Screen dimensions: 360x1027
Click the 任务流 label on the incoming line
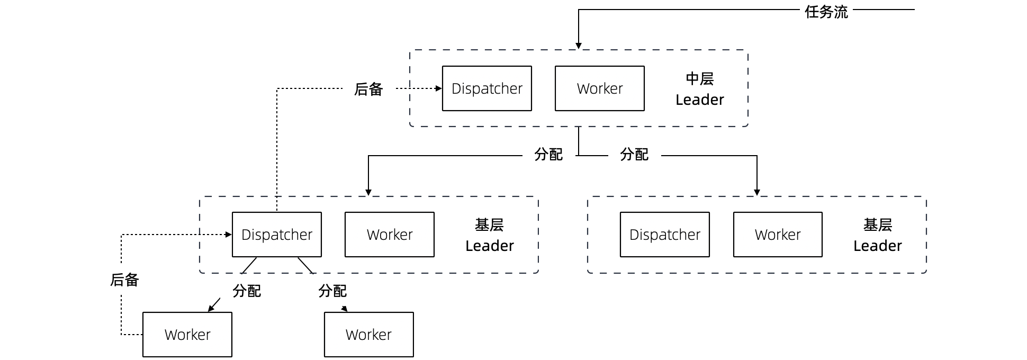coord(826,12)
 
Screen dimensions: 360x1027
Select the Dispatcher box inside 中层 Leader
coord(487,88)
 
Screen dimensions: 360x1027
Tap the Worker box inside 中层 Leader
coord(599,88)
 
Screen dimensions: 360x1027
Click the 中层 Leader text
coord(699,89)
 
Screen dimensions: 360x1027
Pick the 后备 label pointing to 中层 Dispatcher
coord(368,89)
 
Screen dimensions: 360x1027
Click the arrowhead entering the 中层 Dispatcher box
coord(438,88)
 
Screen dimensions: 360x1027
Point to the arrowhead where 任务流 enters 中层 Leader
coord(579,46)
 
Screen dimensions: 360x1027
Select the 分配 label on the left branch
coord(548,155)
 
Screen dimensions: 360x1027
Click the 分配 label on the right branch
coord(634,155)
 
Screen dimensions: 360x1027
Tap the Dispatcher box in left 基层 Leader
coord(276,235)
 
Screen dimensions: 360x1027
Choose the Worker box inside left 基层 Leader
coord(389,235)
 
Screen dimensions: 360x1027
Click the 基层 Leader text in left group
coord(489,235)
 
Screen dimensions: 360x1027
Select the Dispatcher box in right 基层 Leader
coord(664,235)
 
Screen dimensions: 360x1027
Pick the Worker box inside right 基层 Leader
coord(777,235)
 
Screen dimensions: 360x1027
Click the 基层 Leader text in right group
coord(877,235)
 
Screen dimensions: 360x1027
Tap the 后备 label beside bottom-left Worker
coord(124,280)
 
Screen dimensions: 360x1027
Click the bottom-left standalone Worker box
coord(187,335)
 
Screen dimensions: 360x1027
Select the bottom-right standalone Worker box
coord(368,335)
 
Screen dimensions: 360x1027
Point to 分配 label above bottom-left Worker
coord(246,291)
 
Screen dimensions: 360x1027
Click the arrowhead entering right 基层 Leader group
coord(756,193)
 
